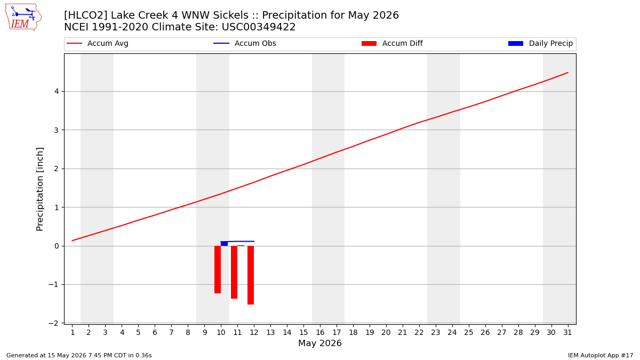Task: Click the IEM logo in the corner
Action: pos(23,18)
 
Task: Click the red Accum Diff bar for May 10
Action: pos(218,269)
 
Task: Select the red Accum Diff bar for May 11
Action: pos(234,273)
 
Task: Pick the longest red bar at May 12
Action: pos(251,275)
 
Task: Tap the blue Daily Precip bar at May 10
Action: pos(225,243)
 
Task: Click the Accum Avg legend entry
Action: pos(98,43)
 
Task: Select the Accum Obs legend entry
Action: pos(245,43)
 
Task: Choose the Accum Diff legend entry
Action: pos(392,43)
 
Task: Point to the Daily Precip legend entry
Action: pos(541,43)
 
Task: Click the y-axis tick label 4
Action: pos(57,91)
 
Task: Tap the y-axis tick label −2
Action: pos(53,323)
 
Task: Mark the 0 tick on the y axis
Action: pos(57,246)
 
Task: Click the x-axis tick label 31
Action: pos(567,332)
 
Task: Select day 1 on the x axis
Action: pos(73,332)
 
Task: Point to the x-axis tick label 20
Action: pos(386,332)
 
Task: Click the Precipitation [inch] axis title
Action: pos(39,189)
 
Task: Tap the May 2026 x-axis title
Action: pos(320,343)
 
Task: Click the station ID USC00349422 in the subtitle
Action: pos(259,27)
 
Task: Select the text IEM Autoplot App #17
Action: pos(601,355)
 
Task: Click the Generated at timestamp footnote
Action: pos(79,355)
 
